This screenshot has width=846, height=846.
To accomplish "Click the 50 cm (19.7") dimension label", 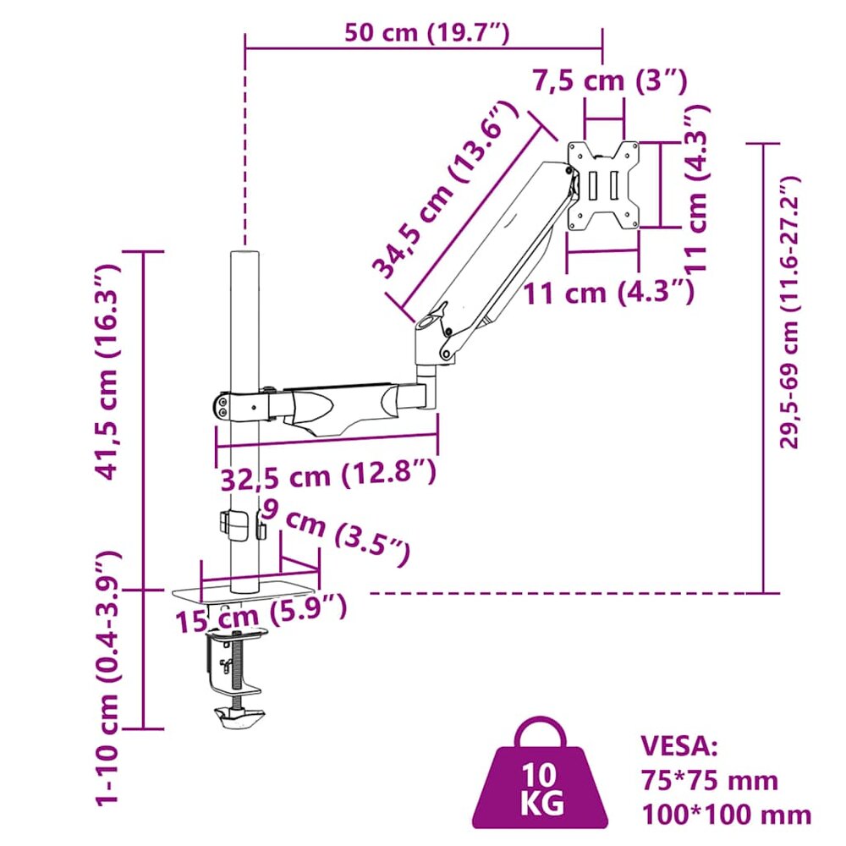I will [426, 33].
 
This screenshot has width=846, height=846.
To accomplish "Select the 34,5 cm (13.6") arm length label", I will [445, 190].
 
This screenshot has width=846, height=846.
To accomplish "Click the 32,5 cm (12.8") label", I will [328, 475].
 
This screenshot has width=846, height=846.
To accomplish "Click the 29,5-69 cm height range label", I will [790, 313].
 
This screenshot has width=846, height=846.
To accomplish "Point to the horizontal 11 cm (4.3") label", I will [608, 293].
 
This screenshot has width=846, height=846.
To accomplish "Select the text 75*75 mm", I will [710, 780].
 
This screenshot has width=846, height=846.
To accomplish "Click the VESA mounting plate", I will [603, 185].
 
